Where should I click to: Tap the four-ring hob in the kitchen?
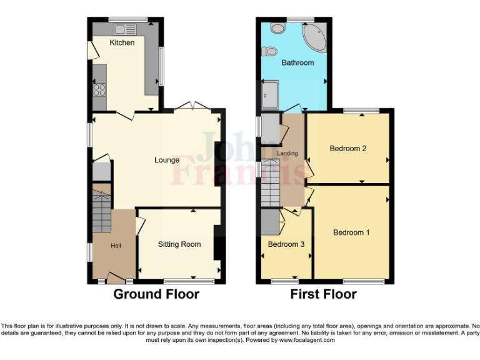pyautogui.click(x=99, y=89)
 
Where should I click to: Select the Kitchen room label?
pyautogui.click(x=122, y=42)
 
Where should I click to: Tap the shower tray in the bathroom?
pyautogui.click(x=271, y=94)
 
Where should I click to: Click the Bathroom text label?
pyautogui.click(x=297, y=63)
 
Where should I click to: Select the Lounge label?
pyautogui.click(x=167, y=160)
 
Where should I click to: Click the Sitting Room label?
pyautogui.click(x=179, y=244)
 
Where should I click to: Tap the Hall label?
pyautogui.click(x=116, y=246)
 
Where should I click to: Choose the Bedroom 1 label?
pyautogui.click(x=351, y=232)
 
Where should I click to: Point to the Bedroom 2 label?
pyautogui.click(x=348, y=149)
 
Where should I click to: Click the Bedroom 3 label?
pyautogui.click(x=286, y=244)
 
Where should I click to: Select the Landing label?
pyautogui.click(x=288, y=153)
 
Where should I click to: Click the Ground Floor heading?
pyautogui.click(x=156, y=294)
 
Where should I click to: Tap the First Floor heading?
pyautogui.click(x=323, y=294)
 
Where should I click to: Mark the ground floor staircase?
pyautogui.click(x=101, y=209)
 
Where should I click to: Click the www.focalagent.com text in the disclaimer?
pyautogui.click(x=307, y=341)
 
